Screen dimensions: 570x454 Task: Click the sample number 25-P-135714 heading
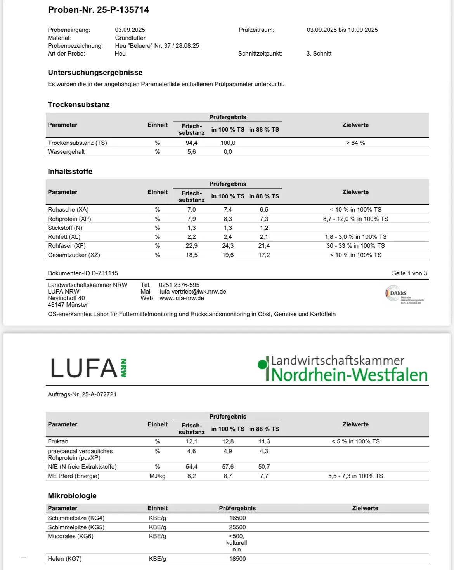tap(98, 10)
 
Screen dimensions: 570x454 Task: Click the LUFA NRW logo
tap(89, 368)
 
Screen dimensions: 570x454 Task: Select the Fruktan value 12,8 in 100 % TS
tap(228, 441)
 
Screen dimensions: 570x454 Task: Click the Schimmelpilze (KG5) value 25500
tap(237, 527)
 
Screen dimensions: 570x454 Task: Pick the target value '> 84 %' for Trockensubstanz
tap(355, 143)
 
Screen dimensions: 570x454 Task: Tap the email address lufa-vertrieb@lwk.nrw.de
tap(193, 292)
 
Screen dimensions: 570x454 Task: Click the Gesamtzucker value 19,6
tap(228, 255)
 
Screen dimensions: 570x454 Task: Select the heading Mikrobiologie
tap(72, 496)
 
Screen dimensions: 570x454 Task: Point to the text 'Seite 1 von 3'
tap(409, 273)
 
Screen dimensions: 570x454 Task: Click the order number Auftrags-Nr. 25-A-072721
tap(82, 394)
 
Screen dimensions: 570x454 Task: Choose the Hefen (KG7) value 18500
tap(237, 559)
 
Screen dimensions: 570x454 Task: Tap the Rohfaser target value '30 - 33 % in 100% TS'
tap(355, 246)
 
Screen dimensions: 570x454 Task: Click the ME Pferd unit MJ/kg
tap(158, 476)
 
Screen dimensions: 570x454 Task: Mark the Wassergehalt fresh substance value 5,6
tap(192, 152)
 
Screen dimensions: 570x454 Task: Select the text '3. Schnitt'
tap(319, 54)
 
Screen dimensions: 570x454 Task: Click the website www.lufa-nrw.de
tap(182, 298)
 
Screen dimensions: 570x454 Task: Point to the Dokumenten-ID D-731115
tap(83, 273)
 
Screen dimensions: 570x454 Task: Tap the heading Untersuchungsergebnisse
tap(95, 73)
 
